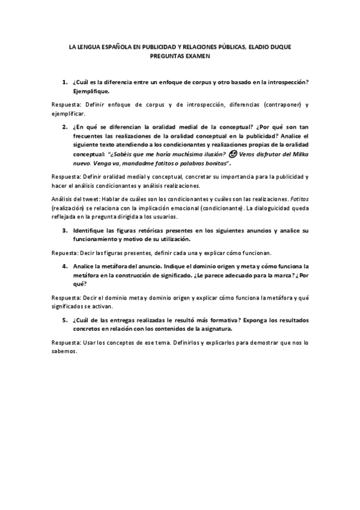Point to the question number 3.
pyautogui.click(x=64, y=230)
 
